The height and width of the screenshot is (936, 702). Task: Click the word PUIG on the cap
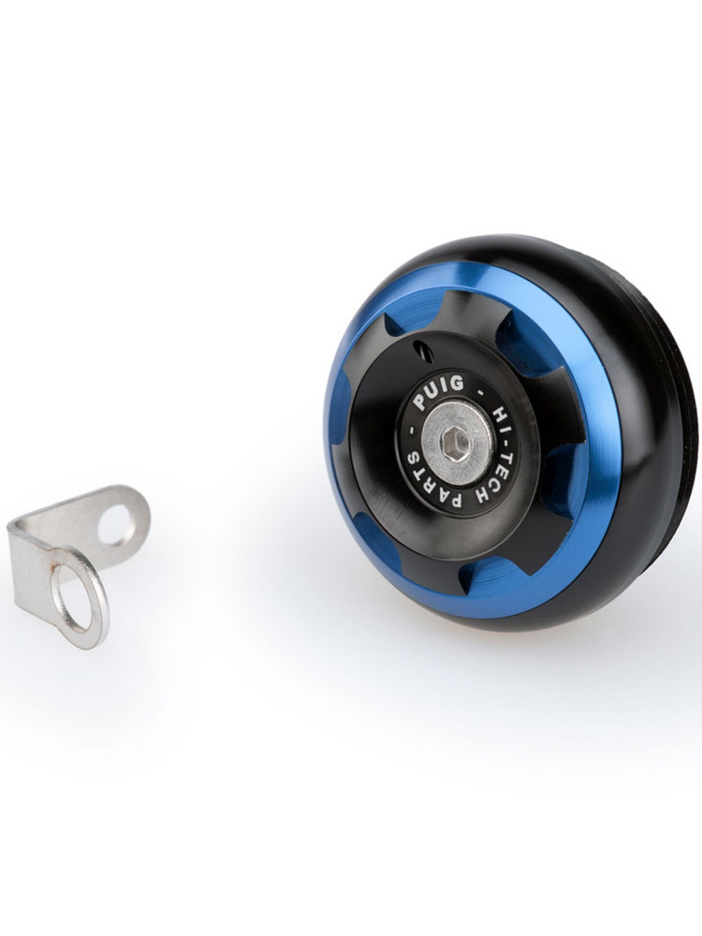pos(439,392)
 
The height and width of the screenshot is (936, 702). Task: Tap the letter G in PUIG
pos(458,383)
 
